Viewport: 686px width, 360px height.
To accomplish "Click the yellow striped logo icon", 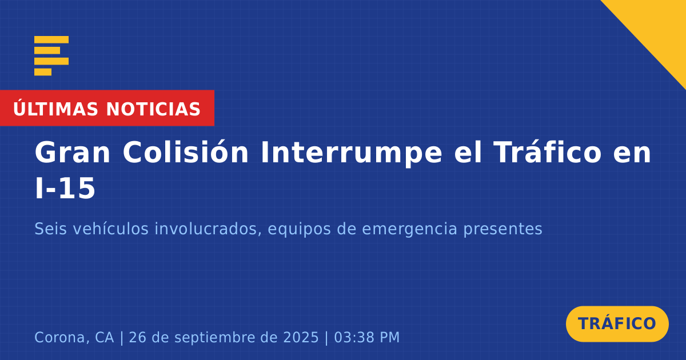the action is click(51, 56).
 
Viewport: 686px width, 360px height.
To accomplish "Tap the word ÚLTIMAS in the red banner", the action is click(55, 108).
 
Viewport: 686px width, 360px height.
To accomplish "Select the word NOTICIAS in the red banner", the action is click(153, 109).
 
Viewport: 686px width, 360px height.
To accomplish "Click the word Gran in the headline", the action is click(72, 153).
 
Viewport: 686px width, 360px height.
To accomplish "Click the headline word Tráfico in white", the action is click(548, 152).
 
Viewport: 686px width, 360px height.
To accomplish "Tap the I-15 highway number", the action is click(65, 188).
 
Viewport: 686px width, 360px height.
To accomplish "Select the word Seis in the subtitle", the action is click(50, 229).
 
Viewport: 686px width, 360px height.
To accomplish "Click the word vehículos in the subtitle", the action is click(110, 229).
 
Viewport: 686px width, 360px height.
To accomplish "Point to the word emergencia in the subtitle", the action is click(409, 230).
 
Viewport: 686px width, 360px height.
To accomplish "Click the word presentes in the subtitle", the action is click(502, 230).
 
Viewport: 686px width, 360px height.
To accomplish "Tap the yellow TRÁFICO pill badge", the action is click(617, 324).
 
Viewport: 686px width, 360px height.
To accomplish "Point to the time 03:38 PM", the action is click(367, 337).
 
